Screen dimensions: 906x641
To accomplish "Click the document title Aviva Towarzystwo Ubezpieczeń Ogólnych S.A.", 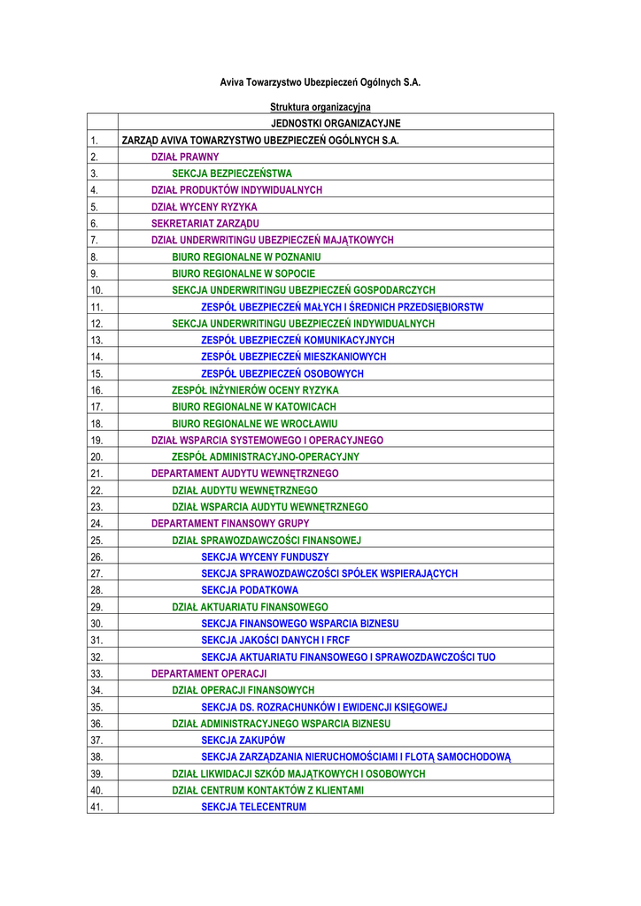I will click(x=320, y=82).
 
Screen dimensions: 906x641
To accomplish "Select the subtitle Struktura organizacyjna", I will click(x=320, y=107).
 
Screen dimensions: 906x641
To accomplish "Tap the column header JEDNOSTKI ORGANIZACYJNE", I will click(x=336, y=123).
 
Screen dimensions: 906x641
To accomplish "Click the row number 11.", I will click(x=97, y=307).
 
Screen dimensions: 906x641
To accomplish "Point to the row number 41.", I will click(x=97, y=807).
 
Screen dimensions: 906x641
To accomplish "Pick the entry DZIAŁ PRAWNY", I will click(x=185, y=157).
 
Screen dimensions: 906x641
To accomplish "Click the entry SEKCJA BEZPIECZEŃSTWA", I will click(x=232, y=173).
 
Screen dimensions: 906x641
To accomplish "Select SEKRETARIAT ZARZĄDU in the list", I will click(x=205, y=224).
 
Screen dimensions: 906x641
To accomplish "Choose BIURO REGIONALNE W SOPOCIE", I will click(x=243, y=273).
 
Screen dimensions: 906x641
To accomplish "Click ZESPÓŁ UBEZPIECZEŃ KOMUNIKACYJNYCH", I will click(x=298, y=340).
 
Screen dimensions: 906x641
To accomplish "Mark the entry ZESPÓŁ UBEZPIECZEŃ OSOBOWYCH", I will click(x=282, y=373).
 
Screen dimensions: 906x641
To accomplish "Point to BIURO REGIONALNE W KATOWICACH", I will click(x=254, y=407).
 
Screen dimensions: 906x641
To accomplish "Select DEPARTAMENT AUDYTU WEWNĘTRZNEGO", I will click(x=245, y=473).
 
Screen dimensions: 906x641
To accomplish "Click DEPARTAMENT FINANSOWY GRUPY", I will click(x=230, y=524).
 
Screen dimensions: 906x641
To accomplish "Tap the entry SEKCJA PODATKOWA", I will click(x=250, y=590).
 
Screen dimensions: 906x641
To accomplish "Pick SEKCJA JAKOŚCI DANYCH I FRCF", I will click(x=276, y=640).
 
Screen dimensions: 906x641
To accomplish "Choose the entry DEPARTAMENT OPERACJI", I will click(x=209, y=673).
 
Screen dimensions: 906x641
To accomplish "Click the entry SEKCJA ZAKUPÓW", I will click(x=243, y=740).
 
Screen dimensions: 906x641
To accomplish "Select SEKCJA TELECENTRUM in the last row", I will click(x=254, y=807).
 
